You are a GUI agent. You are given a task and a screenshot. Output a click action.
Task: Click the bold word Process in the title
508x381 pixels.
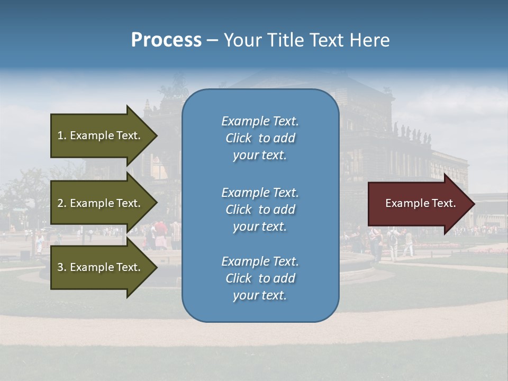click(166, 40)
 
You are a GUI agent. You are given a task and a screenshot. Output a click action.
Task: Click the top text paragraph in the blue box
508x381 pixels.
click(260, 138)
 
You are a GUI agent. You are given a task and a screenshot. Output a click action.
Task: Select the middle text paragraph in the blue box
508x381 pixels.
click(260, 210)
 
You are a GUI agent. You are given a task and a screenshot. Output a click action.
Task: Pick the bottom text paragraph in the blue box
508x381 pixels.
click(260, 278)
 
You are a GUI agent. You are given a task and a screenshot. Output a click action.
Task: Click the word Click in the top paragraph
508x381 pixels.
click(238, 138)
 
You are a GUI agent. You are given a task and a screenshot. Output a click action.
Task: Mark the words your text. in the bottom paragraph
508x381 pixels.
click(260, 295)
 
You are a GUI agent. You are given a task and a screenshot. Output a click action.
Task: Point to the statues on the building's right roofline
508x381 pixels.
click(412, 133)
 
